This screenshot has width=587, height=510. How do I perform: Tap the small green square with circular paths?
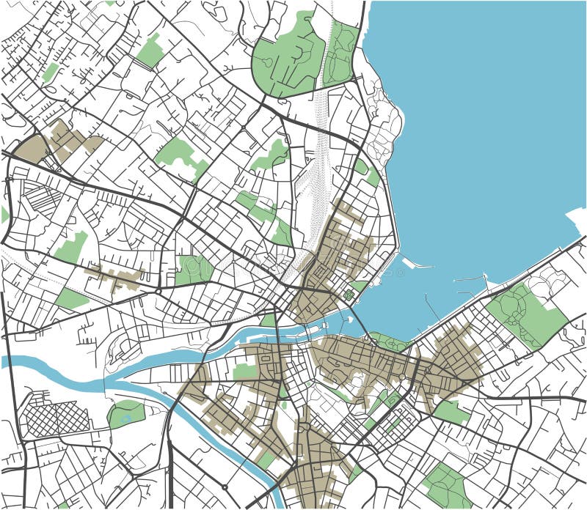pos(349,295)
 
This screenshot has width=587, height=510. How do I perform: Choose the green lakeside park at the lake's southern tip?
pos(389,341)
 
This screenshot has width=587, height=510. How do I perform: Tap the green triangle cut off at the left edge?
pos(4,215)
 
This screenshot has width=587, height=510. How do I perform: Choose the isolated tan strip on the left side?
pos(117,278)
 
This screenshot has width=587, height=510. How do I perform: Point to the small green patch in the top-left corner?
pos(50,72)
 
